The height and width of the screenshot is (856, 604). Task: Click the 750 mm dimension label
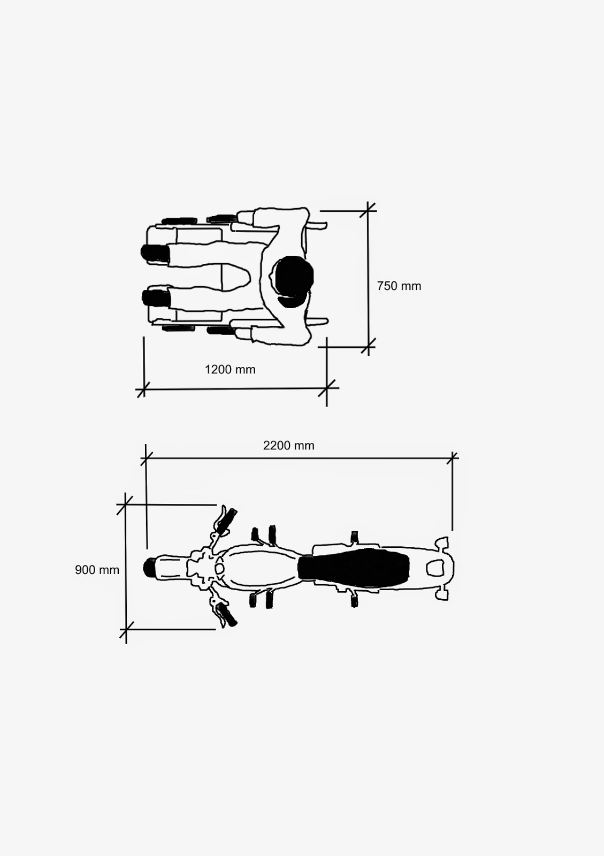(x=399, y=286)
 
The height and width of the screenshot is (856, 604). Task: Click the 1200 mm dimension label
(x=230, y=370)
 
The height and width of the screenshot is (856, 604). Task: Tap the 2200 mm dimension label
(x=288, y=446)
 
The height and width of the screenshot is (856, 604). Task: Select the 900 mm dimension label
(x=97, y=570)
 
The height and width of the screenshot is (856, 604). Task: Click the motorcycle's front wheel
(x=149, y=568)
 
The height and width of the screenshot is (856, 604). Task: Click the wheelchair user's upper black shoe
(x=155, y=254)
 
